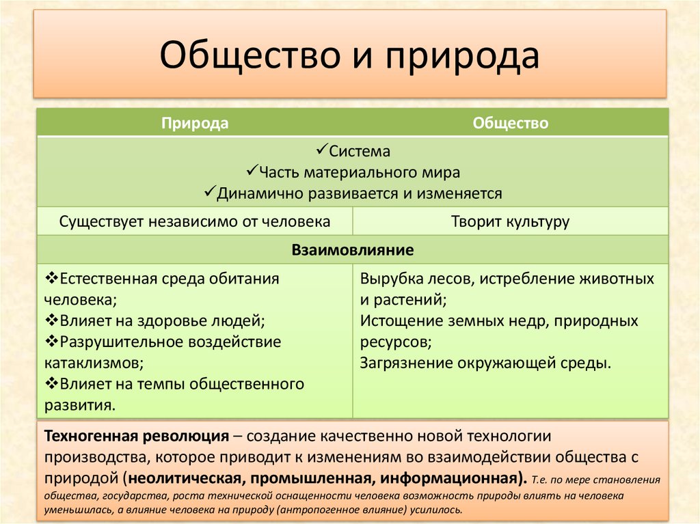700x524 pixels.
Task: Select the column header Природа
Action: pos(195,124)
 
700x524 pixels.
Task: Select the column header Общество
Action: pos(511,124)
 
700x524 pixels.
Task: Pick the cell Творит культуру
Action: pos(511,222)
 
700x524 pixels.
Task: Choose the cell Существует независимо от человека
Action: pos(195,222)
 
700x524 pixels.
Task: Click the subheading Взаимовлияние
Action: pos(353,250)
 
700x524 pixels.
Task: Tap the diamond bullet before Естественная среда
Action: pos(51,279)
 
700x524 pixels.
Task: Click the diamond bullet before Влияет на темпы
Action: pos(51,383)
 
